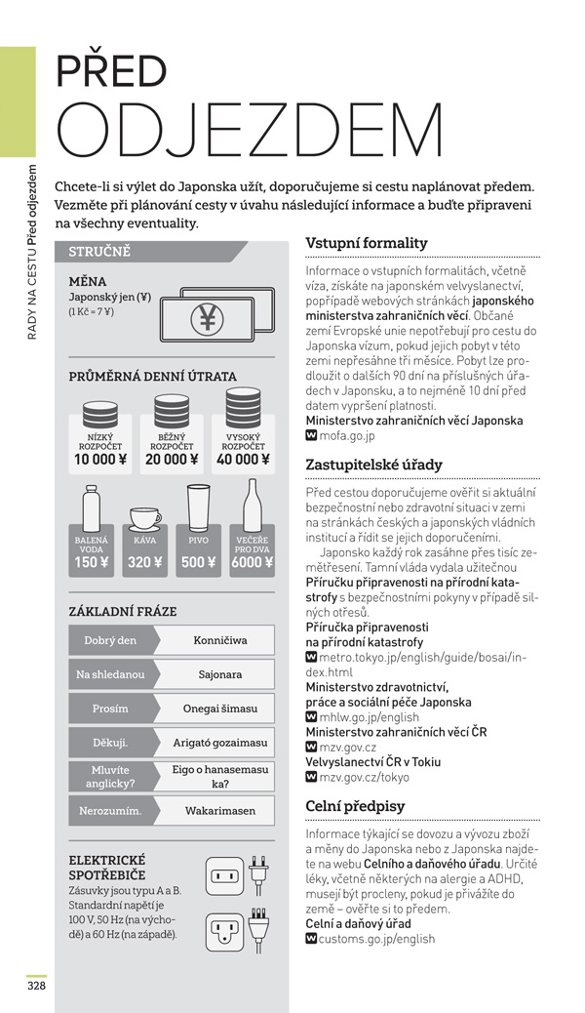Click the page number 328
point(36,985)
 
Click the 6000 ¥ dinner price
point(252,562)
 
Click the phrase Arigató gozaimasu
point(219,742)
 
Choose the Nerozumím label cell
point(109,810)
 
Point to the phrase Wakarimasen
point(219,810)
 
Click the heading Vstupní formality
point(366,243)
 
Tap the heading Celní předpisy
point(355,806)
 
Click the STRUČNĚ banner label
point(99,252)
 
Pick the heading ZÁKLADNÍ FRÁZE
point(123,611)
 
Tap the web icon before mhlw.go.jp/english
point(311,717)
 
